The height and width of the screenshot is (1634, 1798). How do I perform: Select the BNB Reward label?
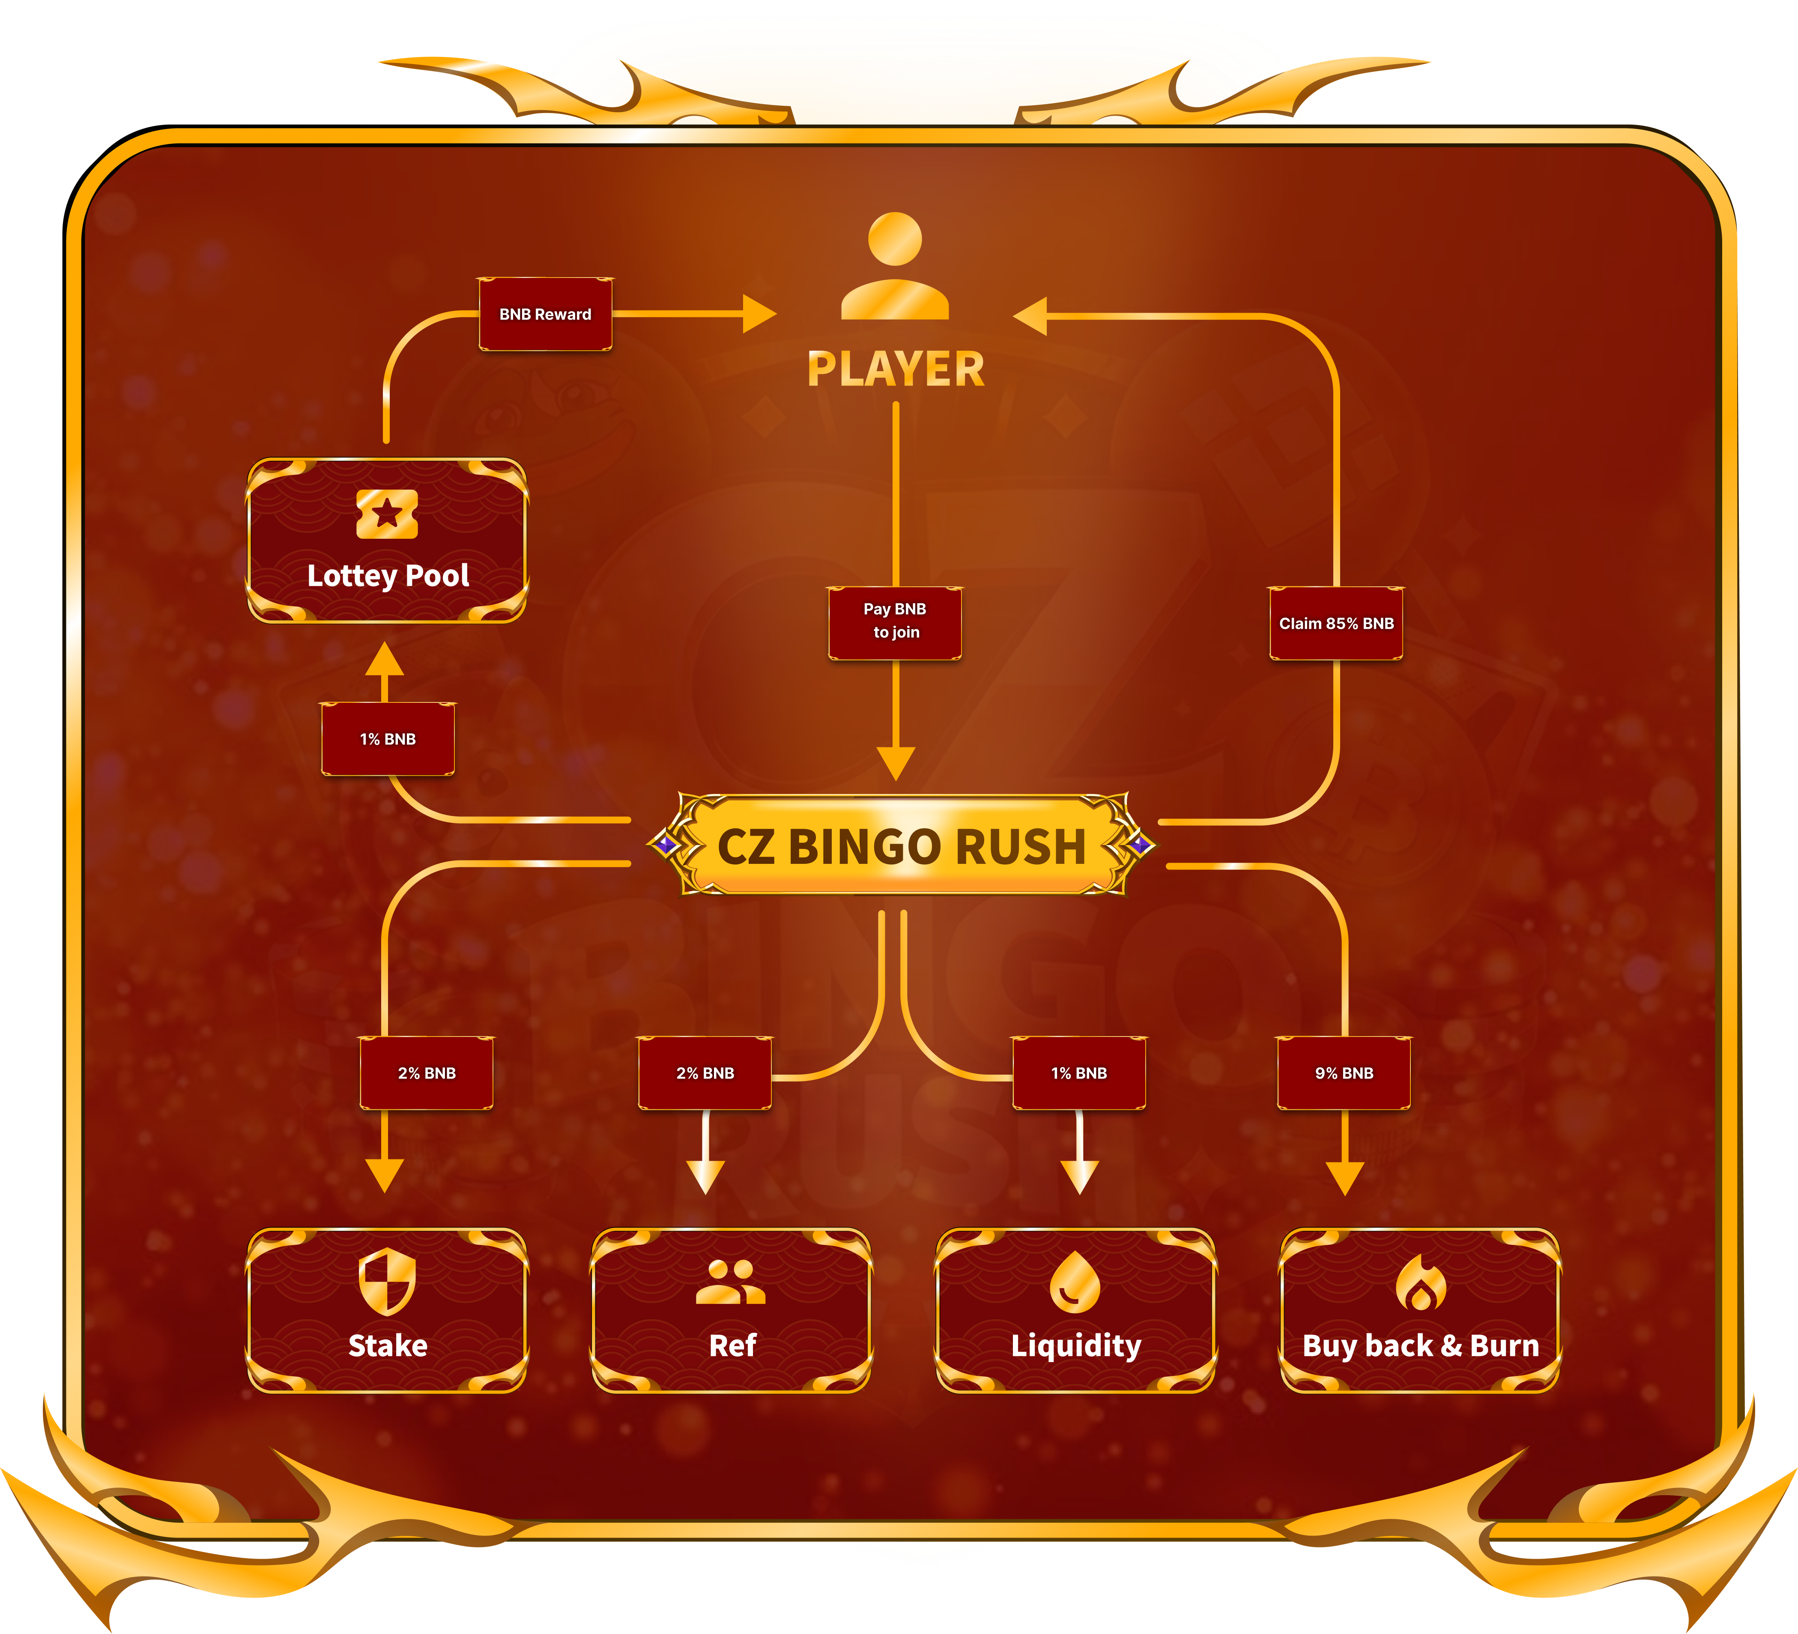[545, 314]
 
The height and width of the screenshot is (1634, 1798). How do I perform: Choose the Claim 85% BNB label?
[1336, 624]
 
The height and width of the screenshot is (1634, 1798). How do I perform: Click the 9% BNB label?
[1344, 1073]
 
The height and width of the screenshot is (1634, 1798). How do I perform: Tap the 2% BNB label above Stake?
[426, 1073]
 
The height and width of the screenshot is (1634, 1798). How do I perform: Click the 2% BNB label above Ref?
[705, 1073]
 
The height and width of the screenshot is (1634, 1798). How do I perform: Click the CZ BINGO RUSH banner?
[901, 845]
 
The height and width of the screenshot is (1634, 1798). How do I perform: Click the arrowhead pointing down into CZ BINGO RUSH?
[896, 762]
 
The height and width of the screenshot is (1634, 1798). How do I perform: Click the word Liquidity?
[1075, 1345]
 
